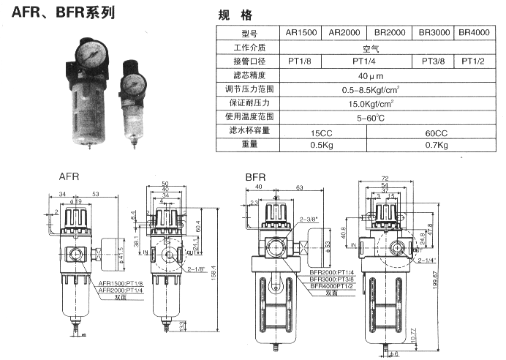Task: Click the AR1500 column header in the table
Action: [301, 33]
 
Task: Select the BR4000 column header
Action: [474, 33]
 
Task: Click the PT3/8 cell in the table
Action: [435, 61]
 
